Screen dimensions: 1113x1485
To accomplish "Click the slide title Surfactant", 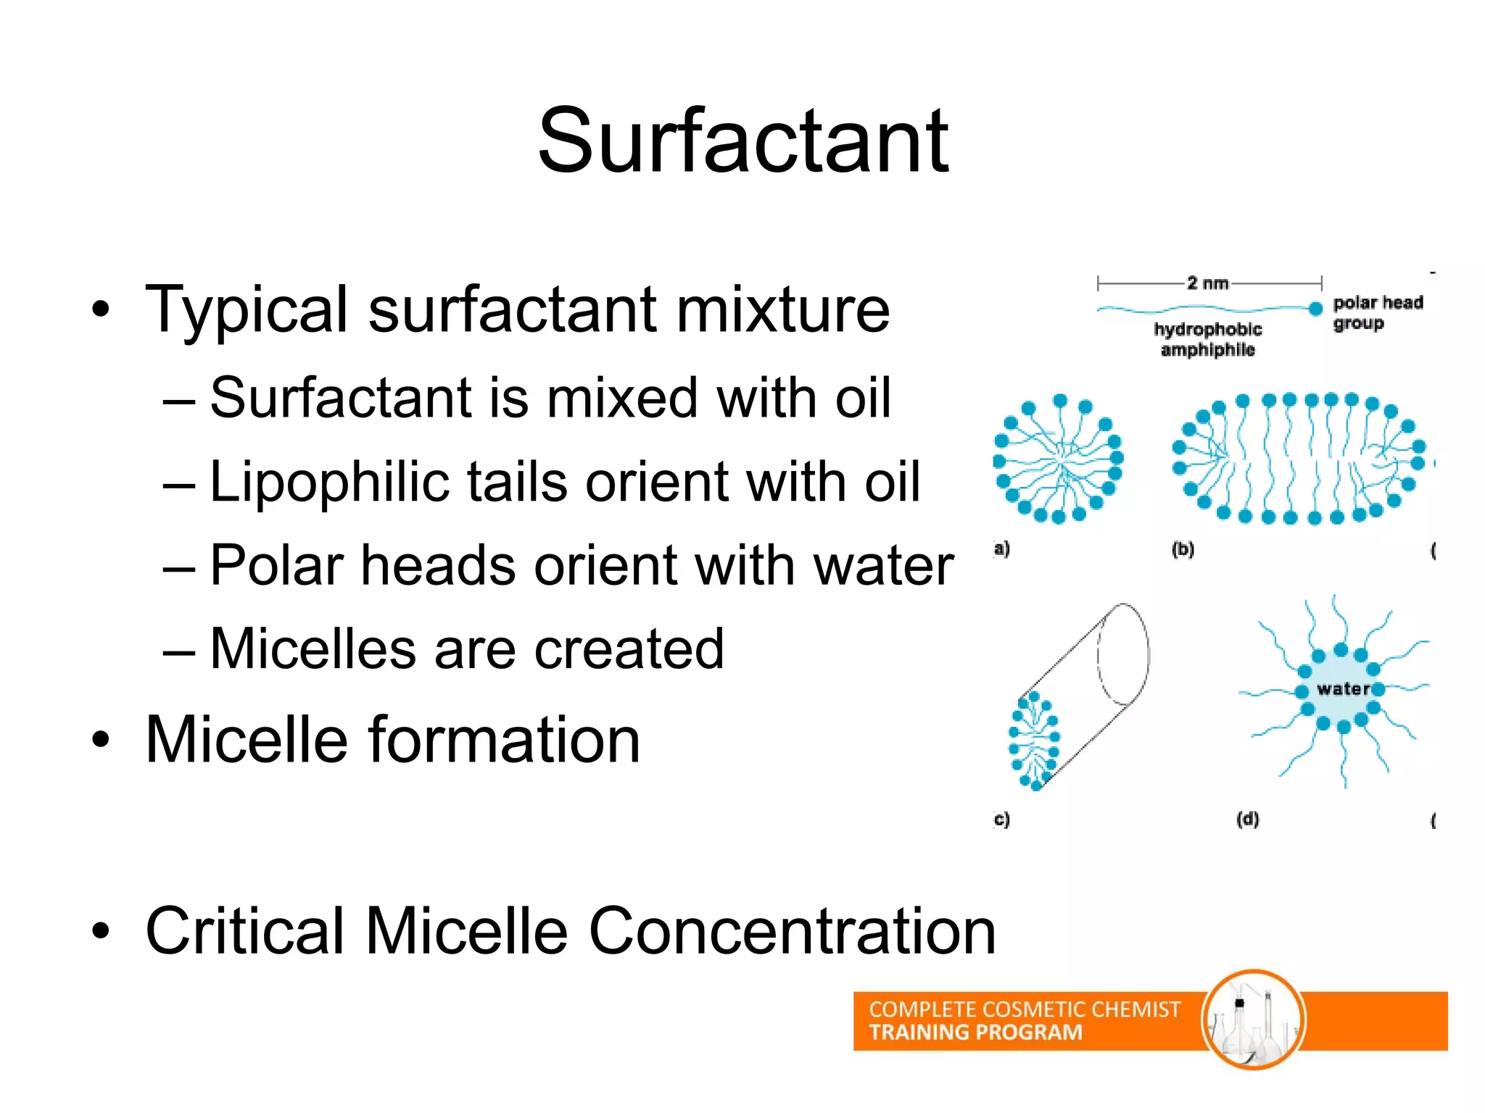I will (742, 141).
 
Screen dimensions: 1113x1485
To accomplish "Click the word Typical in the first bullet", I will (246, 310).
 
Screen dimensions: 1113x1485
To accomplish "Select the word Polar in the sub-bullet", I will (276, 566).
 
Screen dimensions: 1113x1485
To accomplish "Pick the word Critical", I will (245, 931).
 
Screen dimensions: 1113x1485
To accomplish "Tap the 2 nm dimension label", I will (1208, 283).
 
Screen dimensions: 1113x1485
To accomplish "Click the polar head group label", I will (1376, 312).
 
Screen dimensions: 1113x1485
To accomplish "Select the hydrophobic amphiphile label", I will (1208, 339).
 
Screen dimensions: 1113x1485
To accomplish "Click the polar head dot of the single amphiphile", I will (1316, 309).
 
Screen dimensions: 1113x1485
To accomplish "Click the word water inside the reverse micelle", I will (1343, 689).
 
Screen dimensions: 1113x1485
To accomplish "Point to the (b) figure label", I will (1183, 549).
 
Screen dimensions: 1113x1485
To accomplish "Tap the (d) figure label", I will (1247, 820).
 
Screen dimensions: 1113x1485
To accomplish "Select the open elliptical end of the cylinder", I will (1123, 654).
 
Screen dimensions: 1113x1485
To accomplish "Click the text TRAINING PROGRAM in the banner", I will (975, 1033).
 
